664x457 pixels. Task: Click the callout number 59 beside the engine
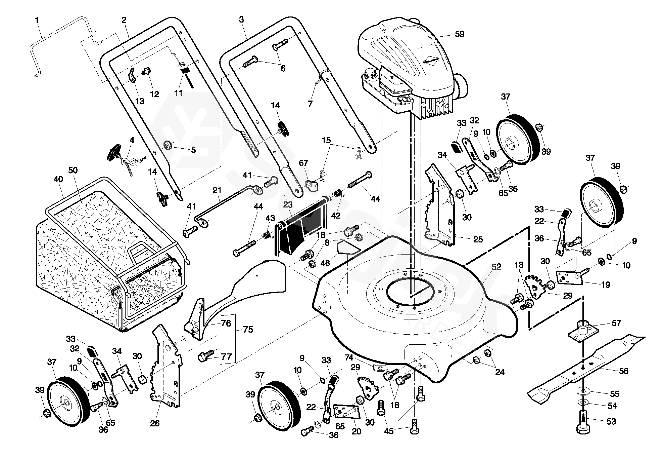tap(459, 34)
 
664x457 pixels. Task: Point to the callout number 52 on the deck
tap(496, 267)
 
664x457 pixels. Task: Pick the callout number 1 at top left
tap(37, 20)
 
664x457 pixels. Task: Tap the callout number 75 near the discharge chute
tap(248, 330)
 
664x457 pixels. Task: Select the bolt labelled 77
tap(205, 356)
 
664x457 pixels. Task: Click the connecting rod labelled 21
tap(228, 202)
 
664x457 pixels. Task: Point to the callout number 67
tap(303, 163)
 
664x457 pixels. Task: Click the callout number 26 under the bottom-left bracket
tap(155, 423)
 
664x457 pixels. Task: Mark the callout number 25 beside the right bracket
tap(478, 239)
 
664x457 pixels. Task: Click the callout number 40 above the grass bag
tap(58, 179)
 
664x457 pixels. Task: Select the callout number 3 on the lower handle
tap(241, 20)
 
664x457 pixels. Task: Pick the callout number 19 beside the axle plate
tap(605, 285)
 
